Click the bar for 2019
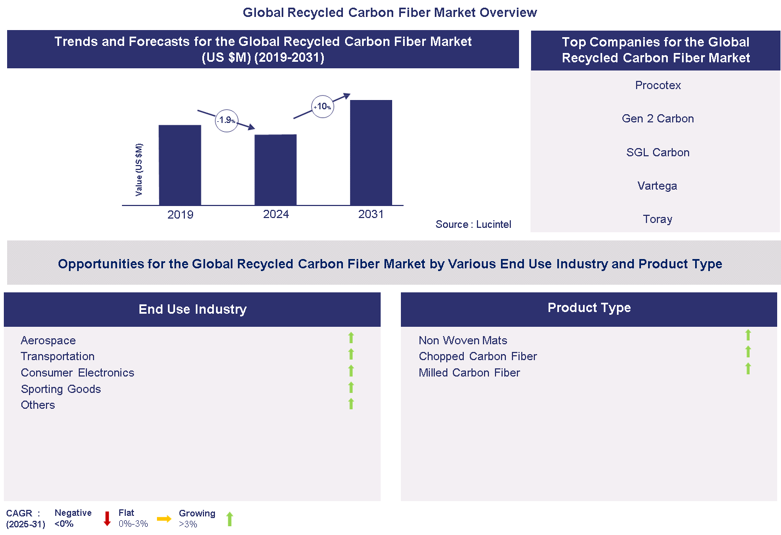coord(180,165)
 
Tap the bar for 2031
coord(371,152)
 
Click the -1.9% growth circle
coord(226,120)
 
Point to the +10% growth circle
coord(323,107)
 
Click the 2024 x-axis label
coord(276,214)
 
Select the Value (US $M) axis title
coord(139,169)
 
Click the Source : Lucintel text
coord(473,224)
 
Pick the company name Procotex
coord(658,85)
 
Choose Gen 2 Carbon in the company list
coord(657,119)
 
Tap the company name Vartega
coord(657,186)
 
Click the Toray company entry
coord(657,219)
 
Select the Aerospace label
coord(48,340)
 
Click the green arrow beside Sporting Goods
coord(351,387)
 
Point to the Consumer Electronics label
coord(77,373)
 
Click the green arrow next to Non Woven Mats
coord(748,335)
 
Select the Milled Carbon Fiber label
coord(469,373)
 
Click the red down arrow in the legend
coord(107,519)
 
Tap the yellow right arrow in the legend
coord(164,519)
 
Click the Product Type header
coord(589,308)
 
